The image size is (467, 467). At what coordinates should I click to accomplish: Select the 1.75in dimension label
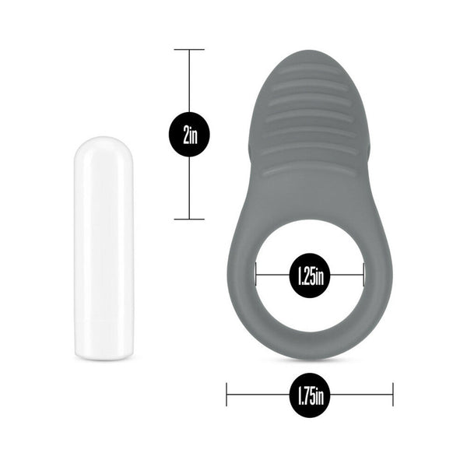click(310, 395)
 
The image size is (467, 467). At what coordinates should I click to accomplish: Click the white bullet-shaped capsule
click(104, 248)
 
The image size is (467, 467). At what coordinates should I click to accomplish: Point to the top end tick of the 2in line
click(188, 50)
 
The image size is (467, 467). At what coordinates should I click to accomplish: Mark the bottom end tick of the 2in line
click(188, 219)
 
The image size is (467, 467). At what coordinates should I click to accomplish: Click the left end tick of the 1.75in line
click(226, 395)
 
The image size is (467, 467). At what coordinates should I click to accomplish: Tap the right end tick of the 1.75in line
click(393, 395)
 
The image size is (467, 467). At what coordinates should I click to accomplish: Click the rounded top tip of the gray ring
click(309, 54)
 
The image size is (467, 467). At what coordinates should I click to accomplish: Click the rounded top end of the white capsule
click(104, 143)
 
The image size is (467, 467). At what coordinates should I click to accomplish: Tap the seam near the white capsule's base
click(104, 320)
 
